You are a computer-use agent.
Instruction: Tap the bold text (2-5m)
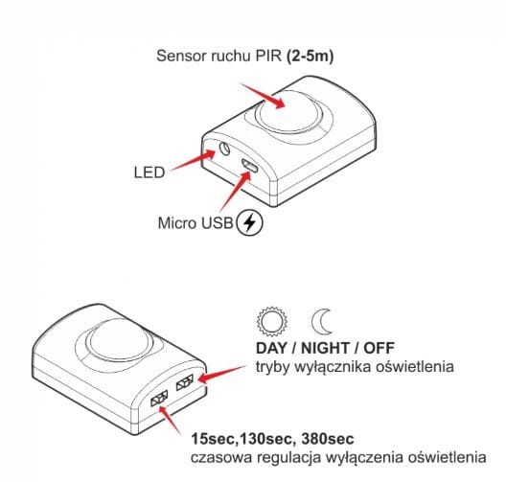(x=310, y=57)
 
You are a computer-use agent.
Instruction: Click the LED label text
(x=149, y=172)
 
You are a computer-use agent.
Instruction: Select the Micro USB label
(x=195, y=223)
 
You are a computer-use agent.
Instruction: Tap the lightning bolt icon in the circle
(x=249, y=222)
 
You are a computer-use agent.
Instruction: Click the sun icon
(x=272, y=321)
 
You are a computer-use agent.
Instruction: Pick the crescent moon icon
(x=322, y=322)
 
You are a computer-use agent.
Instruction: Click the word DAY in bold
(x=271, y=348)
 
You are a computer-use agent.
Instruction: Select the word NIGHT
(x=325, y=348)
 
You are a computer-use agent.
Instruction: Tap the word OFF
(x=379, y=348)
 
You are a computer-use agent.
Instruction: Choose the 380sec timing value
(x=328, y=439)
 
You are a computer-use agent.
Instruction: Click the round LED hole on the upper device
(x=224, y=149)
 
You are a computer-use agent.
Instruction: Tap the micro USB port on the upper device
(x=249, y=166)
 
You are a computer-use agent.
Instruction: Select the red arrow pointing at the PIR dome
(x=262, y=95)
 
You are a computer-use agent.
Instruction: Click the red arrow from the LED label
(x=193, y=160)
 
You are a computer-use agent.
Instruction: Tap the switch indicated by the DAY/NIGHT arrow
(x=185, y=382)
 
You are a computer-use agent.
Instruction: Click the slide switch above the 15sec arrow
(x=159, y=398)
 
